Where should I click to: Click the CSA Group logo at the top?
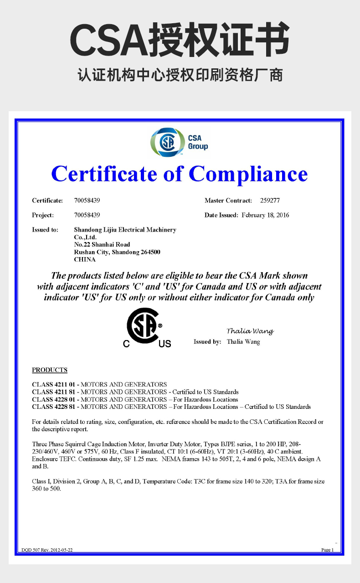click(x=179, y=142)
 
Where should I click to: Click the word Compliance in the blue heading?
click(x=248, y=174)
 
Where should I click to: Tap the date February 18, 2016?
click(x=265, y=215)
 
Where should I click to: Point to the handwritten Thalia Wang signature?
click(x=250, y=331)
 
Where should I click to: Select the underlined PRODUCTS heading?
click(x=50, y=370)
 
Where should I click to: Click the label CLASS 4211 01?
click(x=54, y=384)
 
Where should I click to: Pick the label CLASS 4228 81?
click(x=54, y=407)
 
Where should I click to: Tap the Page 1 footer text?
click(x=327, y=550)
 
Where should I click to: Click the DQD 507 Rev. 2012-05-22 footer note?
click(x=47, y=550)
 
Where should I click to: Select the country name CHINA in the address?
click(x=85, y=259)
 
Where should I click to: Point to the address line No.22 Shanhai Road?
click(x=102, y=245)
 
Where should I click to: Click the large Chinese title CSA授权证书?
click(x=180, y=40)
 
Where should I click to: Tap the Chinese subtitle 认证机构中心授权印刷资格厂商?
click(x=180, y=75)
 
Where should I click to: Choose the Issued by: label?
click(x=207, y=342)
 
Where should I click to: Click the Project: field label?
click(x=43, y=215)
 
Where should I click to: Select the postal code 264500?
click(x=150, y=252)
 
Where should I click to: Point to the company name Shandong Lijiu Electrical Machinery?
click(x=125, y=230)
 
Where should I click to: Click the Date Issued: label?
click(x=221, y=215)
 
